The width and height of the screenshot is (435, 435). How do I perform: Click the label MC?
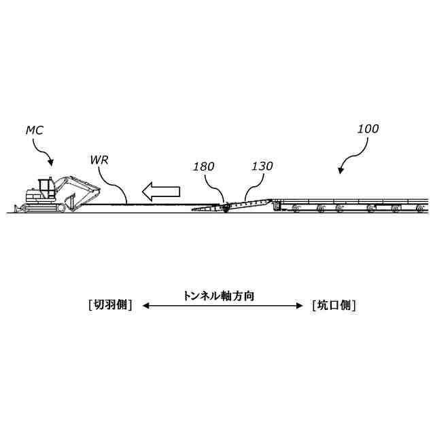point(35,129)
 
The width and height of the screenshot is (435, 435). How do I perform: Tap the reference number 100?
point(368,128)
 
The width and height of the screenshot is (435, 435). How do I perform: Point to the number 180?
point(204,167)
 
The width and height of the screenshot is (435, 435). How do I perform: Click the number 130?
point(262,167)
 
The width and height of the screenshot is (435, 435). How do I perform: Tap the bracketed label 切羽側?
point(110,305)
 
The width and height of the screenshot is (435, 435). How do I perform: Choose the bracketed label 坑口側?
point(334,305)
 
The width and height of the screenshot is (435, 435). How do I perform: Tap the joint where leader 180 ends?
point(224,204)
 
